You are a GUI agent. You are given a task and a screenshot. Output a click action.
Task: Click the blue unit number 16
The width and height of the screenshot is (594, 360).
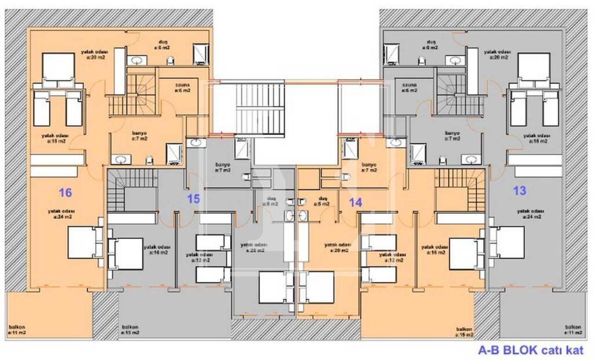coord(65,192)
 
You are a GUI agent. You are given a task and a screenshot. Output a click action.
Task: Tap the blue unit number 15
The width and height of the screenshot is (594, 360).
coord(193,199)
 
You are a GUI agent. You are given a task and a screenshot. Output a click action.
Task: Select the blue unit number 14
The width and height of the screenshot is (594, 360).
coord(356,202)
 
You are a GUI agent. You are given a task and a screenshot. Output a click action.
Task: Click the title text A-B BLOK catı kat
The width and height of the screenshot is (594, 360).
coord(530,350)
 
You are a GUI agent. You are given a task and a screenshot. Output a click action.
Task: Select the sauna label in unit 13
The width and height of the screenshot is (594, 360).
coord(411,87)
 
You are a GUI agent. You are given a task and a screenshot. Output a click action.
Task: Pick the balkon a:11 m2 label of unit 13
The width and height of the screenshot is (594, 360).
coord(573,330)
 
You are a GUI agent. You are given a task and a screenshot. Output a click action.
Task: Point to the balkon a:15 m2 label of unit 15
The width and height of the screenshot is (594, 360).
coord(130,330)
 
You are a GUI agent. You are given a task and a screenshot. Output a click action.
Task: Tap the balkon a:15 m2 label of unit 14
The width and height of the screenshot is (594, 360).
coord(465,332)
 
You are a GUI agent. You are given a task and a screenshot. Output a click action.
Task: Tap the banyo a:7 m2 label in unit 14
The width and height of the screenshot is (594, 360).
coord(369,168)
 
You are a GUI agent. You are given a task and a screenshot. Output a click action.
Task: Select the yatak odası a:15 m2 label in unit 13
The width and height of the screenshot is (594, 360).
coord(535,138)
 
